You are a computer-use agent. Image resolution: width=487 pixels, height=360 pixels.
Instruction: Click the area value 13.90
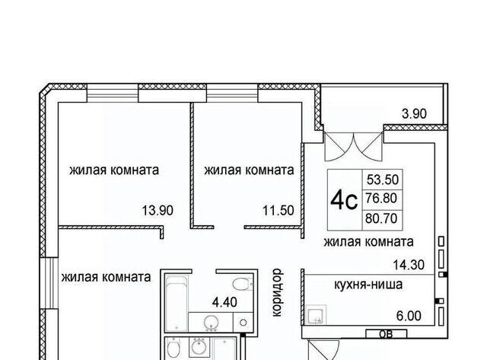tap(158, 211)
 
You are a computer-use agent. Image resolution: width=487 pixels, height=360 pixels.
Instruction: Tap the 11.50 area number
tap(279, 211)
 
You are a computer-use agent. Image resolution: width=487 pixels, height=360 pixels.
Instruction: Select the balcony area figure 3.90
tap(414, 114)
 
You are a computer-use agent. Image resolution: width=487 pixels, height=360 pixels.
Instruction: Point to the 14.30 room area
tap(409, 265)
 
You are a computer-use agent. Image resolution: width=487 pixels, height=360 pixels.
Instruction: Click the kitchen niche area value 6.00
tap(409, 316)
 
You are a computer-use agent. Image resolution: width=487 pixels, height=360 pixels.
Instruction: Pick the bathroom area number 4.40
tap(224, 302)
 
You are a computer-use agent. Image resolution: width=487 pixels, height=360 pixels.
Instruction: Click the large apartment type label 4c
tap(344, 201)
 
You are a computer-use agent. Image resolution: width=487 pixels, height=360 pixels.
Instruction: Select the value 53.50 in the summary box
tap(383, 180)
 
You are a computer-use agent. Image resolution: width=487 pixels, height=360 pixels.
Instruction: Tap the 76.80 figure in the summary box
tap(381, 198)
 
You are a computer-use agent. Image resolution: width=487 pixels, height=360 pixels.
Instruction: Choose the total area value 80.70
tap(381, 218)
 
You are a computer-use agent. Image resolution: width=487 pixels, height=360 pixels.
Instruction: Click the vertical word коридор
tap(276, 293)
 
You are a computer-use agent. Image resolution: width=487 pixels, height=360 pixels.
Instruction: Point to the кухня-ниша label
tap(368, 284)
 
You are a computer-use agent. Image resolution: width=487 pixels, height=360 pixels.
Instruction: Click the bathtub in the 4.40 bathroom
tap(177, 303)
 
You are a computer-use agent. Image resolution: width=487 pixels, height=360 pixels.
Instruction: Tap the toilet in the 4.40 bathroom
tap(243, 284)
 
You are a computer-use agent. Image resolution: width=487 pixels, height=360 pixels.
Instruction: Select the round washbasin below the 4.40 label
tap(211, 323)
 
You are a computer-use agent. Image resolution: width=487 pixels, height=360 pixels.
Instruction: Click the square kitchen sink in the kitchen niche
tap(317, 315)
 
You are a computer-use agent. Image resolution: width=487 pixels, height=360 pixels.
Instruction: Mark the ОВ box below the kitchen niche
tap(387, 334)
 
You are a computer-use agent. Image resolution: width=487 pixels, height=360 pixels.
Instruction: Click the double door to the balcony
tap(354, 147)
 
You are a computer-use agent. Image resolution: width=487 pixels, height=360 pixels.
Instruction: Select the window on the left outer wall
tap(49, 283)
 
